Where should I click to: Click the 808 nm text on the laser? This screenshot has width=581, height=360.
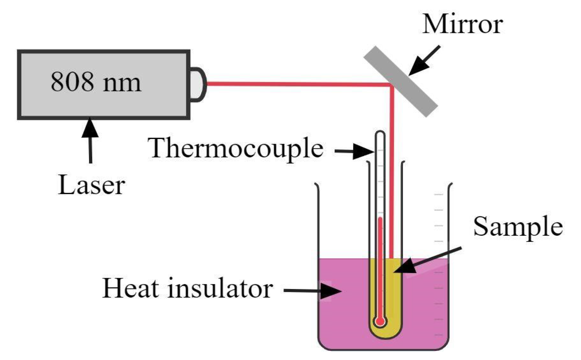coord(96,82)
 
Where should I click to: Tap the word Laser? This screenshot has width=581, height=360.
coord(91,185)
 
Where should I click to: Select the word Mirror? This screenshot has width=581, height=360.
coord(462,24)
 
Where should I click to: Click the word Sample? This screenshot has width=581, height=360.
coord(518,227)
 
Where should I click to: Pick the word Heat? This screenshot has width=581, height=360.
coord(131,288)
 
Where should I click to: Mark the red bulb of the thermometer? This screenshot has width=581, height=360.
coord(380,321)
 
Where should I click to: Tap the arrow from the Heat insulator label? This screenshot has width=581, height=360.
coord(312,291)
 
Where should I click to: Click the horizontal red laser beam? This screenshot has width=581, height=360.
coord(295,84)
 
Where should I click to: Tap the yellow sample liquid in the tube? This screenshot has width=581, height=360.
coord(394,295)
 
